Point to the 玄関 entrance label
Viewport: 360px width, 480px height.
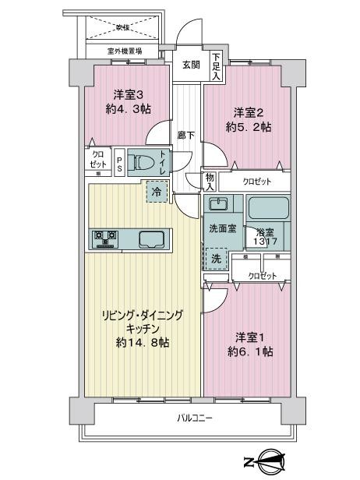(x=192, y=65)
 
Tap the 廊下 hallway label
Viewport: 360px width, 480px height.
(x=185, y=133)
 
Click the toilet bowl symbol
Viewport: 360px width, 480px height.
(x=143, y=163)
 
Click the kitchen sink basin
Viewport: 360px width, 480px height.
(x=150, y=238)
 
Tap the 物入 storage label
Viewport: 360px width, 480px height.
(x=210, y=182)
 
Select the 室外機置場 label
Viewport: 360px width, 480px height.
(x=125, y=52)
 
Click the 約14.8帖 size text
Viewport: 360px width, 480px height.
(x=144, y=344)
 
